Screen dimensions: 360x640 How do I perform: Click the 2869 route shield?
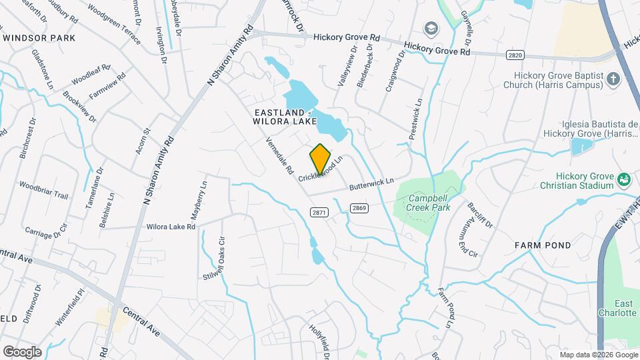[x=360, y=208]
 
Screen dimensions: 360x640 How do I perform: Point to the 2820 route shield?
[x=515, y=55]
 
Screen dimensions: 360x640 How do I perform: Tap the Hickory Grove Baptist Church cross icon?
[x=613, y=79]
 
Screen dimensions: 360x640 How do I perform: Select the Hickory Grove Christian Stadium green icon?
[x=623, y=179]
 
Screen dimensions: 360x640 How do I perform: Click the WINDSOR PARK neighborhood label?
[x=39, y=38]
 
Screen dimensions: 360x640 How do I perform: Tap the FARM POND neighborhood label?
[x=543, y=245]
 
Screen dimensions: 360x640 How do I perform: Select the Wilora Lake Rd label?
[x=171, y=227]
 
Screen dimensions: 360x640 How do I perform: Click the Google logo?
[x=22, y=351]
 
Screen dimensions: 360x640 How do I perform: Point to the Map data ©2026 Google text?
[x=598, y=354]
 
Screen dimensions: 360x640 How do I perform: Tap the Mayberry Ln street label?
[x=201, y=195]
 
